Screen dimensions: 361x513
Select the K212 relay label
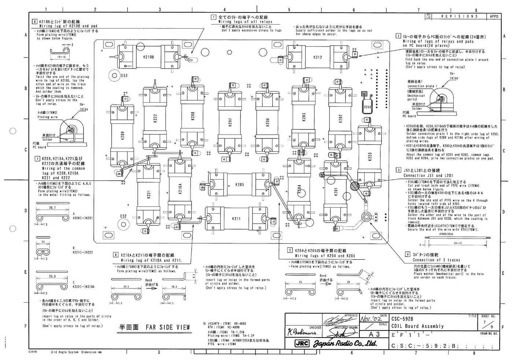[318, 57]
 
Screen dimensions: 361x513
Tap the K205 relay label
[239, 185]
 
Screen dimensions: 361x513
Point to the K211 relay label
[236, 219]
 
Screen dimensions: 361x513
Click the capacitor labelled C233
[367, 107]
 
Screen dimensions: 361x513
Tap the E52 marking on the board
[123, 216]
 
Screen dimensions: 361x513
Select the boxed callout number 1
[213, 17]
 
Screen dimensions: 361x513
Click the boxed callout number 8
[34, 22]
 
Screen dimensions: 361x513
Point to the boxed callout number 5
[290, 250]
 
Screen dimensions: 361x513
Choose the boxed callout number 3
[398, 170]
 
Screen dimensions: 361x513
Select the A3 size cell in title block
[373, 334]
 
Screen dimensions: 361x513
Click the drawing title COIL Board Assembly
[417, 326]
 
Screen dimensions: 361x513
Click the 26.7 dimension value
[52, 207]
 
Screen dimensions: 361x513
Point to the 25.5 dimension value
[52, 276]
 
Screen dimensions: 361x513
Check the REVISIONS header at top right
[460, 16]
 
